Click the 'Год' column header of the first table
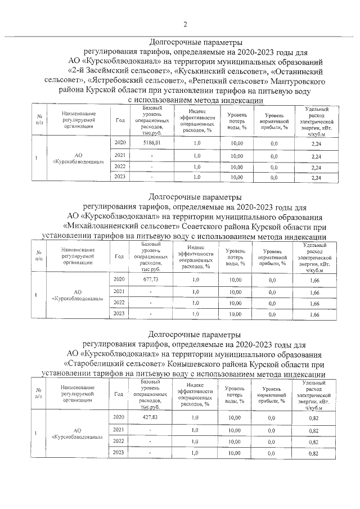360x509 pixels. [120, 120]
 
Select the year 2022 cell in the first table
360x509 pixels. [119, 166]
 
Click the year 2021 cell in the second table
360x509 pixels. [119, 291]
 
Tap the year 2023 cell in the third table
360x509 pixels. [119, 452]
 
